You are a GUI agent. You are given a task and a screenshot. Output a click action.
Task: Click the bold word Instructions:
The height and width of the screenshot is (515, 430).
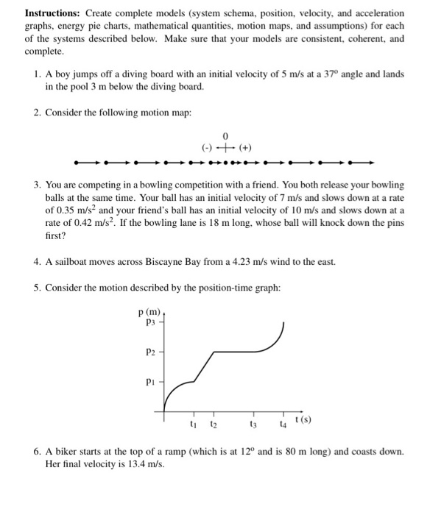point(53,14)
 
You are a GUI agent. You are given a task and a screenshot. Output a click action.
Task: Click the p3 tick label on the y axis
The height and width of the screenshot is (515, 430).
point(151,322)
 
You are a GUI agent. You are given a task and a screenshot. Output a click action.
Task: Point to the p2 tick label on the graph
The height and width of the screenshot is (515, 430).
point(151,352)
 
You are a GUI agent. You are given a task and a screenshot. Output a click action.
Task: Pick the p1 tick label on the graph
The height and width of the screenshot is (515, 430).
point(151,382)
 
